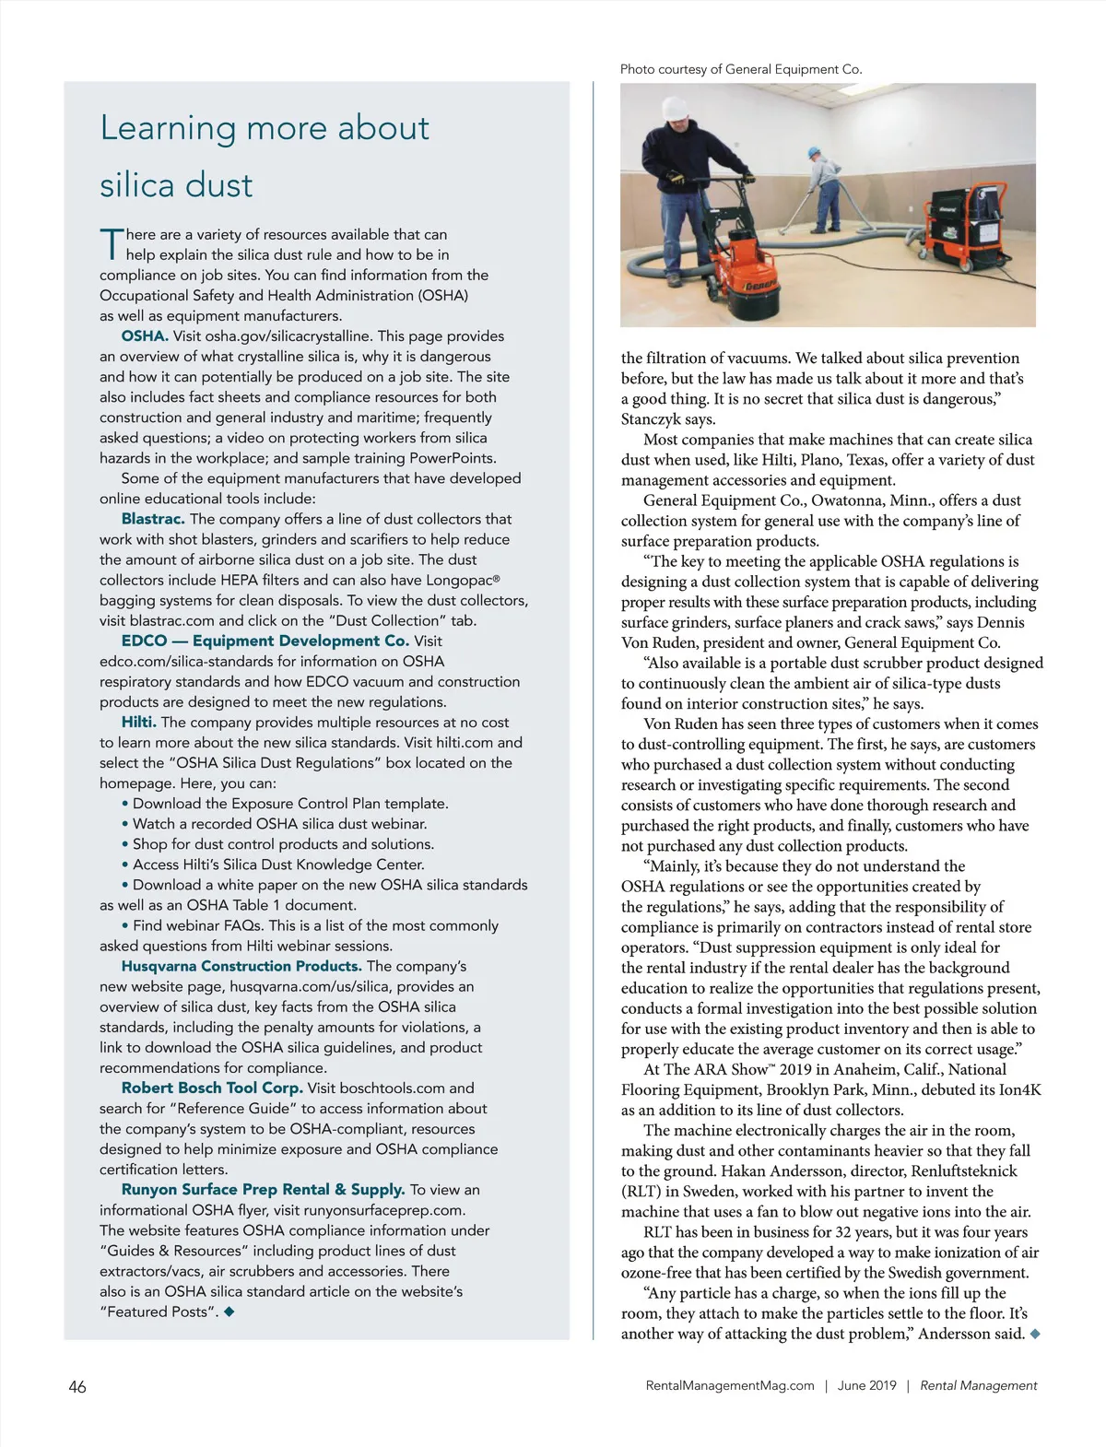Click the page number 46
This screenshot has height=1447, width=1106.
[77, 1386]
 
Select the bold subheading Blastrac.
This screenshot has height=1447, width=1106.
[153, 519]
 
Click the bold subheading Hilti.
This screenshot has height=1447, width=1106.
[139, 723]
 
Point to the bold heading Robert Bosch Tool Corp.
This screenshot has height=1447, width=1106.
[212, 1088]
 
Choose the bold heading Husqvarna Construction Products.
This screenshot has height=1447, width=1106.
[241, 966]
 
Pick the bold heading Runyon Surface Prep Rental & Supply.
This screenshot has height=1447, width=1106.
[263, 1189]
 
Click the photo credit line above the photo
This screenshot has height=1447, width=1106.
[741, 69]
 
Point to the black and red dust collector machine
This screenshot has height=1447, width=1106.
[967, 230]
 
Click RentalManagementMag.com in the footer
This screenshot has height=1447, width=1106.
[730, 1385]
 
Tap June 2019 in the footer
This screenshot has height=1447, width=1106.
[866, 1385]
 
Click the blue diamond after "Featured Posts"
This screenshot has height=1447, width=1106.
[229, 1311]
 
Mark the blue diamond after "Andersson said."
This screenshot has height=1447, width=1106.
[1035, 1334]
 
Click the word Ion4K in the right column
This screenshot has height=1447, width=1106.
[1020, 1089]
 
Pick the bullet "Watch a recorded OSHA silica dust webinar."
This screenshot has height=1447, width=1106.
[279, 824]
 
